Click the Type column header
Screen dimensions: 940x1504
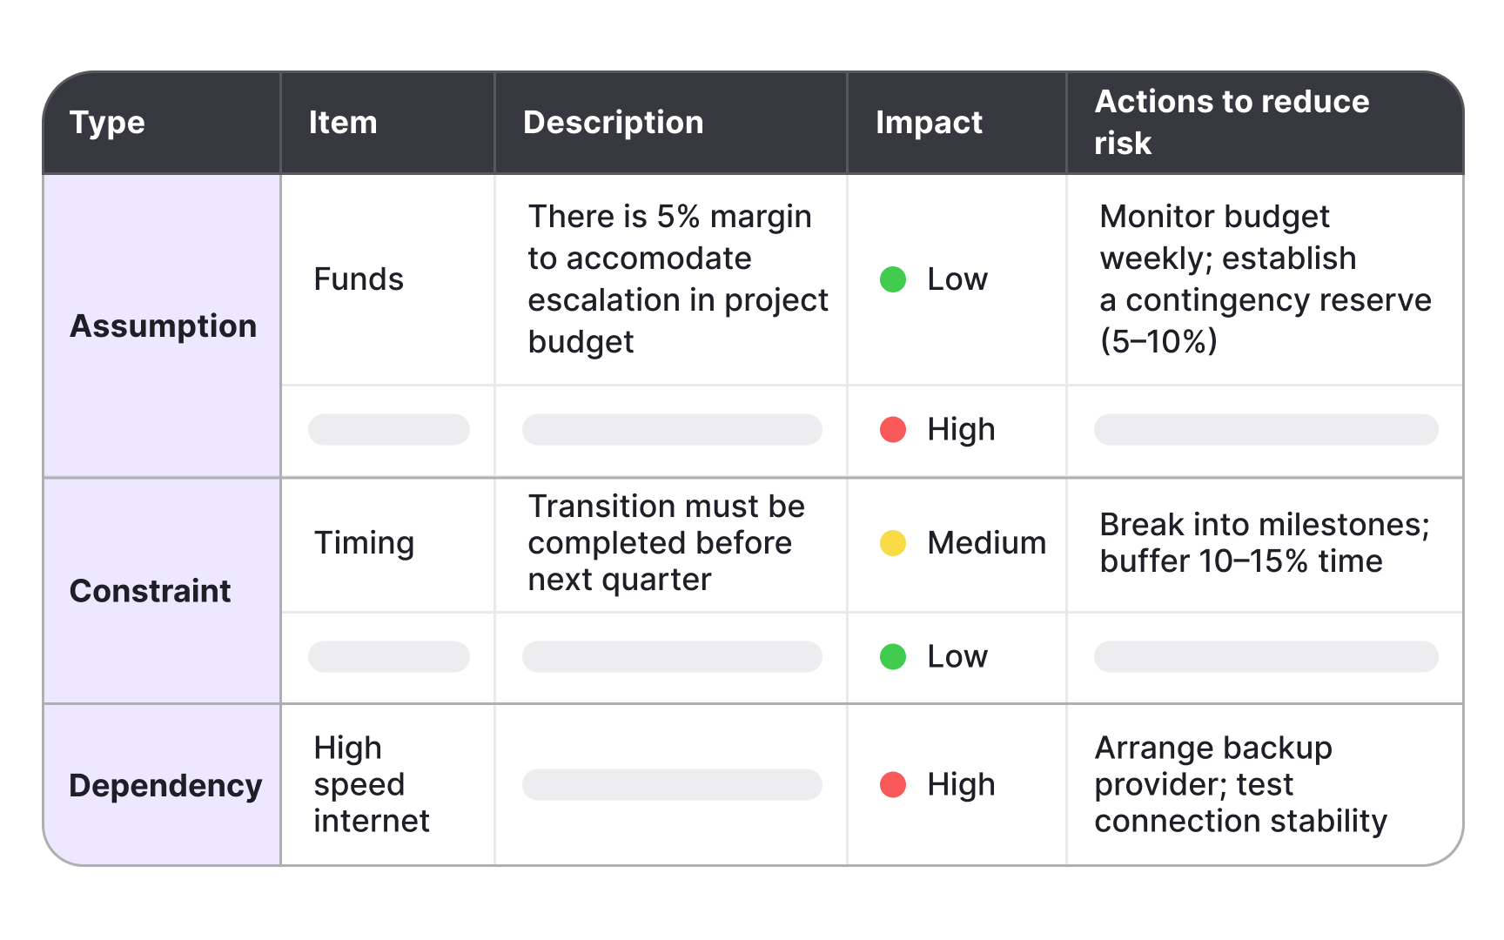pos(107,123)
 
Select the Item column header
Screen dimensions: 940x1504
pos(343,123)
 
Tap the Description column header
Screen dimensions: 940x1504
pos(613,123)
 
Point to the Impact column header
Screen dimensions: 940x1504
pos(929,123)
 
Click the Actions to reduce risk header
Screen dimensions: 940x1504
pos(1232,122)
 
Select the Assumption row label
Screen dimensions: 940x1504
pos(163,326)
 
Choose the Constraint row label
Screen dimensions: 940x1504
pos(150,591)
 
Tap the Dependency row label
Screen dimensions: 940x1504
pos(165,786)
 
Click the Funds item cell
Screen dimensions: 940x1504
pos(359,279)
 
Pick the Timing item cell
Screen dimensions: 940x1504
pos(364,543)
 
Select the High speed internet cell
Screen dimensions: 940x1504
pos(372,784)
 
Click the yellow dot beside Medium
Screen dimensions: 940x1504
pos(893,543)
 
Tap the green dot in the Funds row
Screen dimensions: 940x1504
pos(893,279)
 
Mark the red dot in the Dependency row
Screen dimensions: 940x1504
pos(893,784)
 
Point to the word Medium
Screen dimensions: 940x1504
pos(986,543)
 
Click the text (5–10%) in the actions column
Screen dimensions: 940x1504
pos(1158,341)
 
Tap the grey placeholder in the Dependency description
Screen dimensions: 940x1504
pos(672,784)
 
